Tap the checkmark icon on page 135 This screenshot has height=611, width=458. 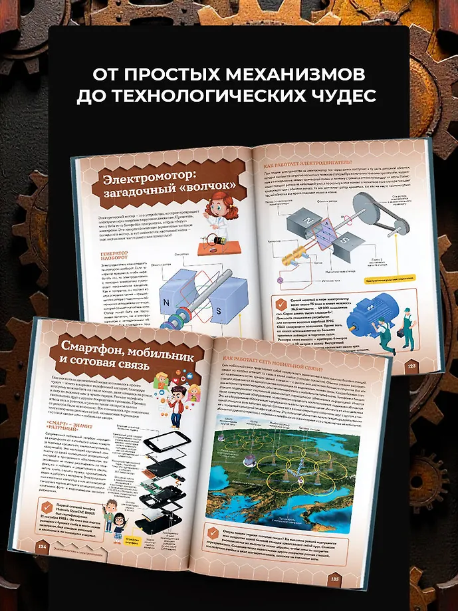[x=214, y=533]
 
